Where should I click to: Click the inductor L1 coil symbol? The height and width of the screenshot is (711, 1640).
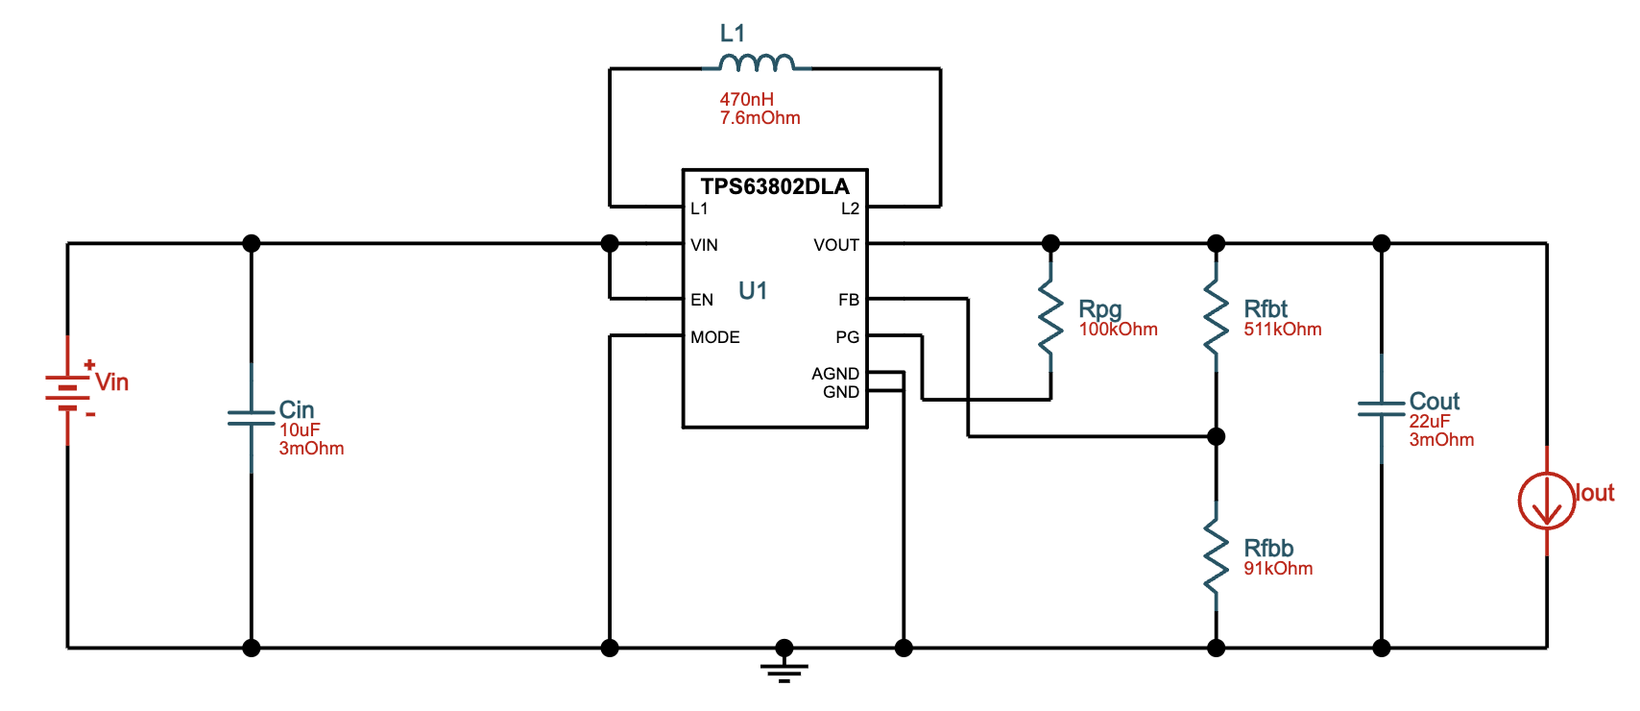(757, 63)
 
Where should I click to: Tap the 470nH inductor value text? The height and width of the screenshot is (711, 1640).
(746, 99)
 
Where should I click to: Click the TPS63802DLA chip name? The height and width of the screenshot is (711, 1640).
(774, 186)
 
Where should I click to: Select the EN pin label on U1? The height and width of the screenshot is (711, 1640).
(702, 300)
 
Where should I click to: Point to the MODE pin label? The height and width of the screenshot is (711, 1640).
(714, 337)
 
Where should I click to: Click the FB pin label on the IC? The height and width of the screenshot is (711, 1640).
(848, 300)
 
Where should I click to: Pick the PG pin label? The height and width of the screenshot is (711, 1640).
(847, 337)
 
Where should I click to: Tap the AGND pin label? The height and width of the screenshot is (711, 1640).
(834, 374)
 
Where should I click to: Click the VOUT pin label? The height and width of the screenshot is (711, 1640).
(835, 245)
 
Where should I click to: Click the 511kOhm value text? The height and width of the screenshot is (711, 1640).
(1282, 330)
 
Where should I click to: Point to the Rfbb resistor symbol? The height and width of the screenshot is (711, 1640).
(1216, 555)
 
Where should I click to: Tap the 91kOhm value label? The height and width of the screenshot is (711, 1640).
(1277, 569)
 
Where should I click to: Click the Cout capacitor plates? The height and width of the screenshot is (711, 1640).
(1381, 408)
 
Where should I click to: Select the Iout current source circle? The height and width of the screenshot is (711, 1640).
(1546, 500)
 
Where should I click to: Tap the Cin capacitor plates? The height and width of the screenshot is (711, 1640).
(252, 417)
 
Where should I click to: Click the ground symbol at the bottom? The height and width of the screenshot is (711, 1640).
(784, 667)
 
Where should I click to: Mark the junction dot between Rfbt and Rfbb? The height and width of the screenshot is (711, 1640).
(1216, 437)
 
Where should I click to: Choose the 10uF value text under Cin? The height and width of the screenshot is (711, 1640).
(300, 430)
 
